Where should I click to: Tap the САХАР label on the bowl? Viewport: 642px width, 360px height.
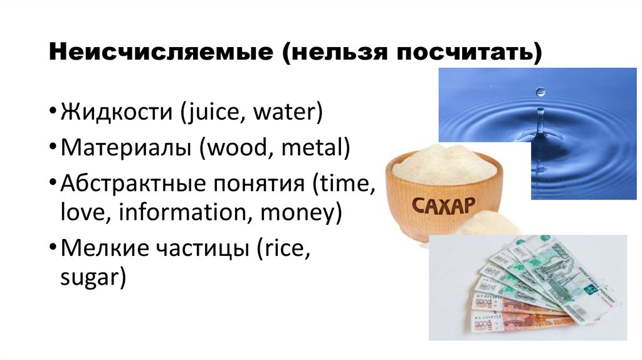click(x=443, y=204)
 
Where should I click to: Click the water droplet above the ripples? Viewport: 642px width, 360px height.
click(x=540, y=92)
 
